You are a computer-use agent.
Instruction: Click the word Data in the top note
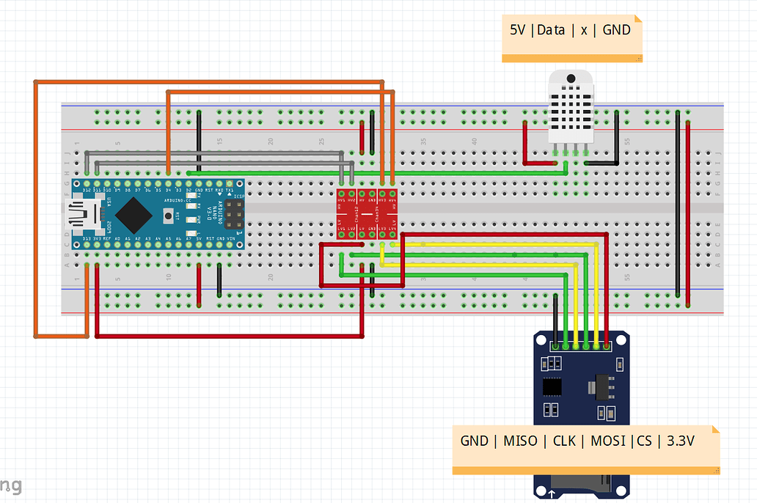[x=551, y=30]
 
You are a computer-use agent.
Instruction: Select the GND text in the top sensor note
[x=616, y=30]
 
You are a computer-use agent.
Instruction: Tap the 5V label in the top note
[x=518, y=30]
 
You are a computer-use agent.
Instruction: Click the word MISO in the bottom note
[x=519, y=441]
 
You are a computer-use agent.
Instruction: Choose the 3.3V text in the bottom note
[x=676, y=441]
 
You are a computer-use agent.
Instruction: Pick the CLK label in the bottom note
[x=564, y=441]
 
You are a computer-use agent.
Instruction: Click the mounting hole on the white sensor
[x=569, y=79]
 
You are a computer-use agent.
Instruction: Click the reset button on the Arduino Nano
[x=170, y=216]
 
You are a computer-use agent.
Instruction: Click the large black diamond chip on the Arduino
[x=134, y=213]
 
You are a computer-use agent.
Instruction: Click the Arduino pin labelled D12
[x=87, y=183]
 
